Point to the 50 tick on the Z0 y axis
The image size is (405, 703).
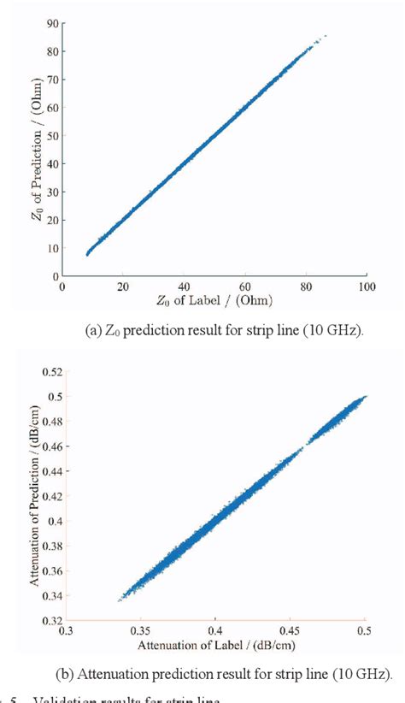point(52,136)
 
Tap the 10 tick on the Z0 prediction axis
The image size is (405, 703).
point(52,248)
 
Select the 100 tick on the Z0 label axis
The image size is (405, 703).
point(365,287)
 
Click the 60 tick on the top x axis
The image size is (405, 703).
point(244,287)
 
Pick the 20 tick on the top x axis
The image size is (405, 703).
point(123,287)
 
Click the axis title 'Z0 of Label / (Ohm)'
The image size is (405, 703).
point(214,300)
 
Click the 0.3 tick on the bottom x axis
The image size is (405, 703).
point(67,631)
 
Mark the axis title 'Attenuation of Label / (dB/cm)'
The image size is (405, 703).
point(215,644)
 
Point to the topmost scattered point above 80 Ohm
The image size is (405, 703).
point(325,36)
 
